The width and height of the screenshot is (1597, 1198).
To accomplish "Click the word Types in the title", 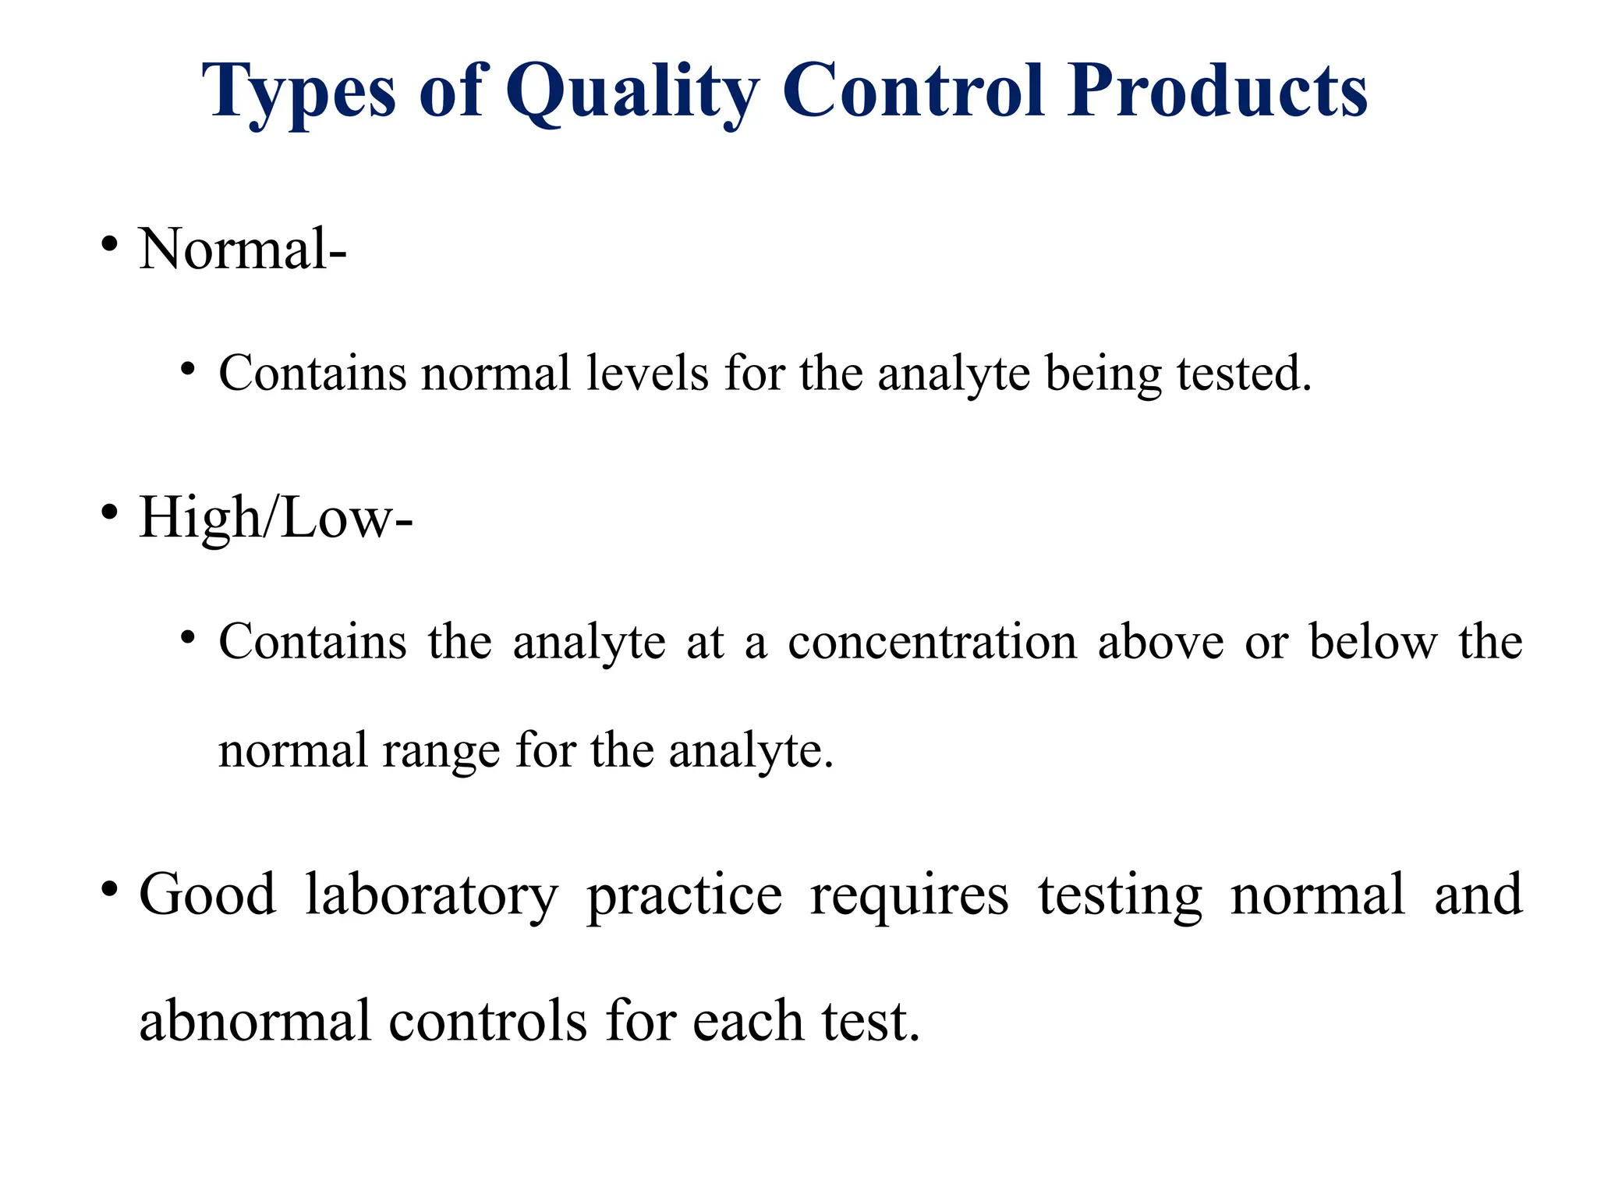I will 298,92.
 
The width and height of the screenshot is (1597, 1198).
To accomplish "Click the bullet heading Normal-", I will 243,250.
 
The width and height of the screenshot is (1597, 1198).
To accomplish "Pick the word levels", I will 647,373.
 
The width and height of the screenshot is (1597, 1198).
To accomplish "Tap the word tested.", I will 1244,373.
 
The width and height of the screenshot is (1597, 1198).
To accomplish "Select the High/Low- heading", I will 275,518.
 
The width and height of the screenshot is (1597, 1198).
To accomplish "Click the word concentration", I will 932,642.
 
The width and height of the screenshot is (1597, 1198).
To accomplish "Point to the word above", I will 1160,642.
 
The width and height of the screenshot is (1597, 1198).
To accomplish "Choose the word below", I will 1372,642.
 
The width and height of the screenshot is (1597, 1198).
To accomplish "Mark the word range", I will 441,751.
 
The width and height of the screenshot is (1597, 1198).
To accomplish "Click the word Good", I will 207,895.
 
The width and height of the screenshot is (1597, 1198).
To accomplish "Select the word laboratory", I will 431,895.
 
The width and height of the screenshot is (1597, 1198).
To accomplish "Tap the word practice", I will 684,895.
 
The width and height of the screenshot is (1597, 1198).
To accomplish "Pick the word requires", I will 909,895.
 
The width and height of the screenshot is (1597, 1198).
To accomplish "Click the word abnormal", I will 254,1021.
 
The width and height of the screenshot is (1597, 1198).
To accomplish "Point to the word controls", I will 487,1021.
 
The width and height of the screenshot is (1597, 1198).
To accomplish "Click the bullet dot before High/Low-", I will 109,512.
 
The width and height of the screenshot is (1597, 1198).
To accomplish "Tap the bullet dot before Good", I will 109,888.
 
